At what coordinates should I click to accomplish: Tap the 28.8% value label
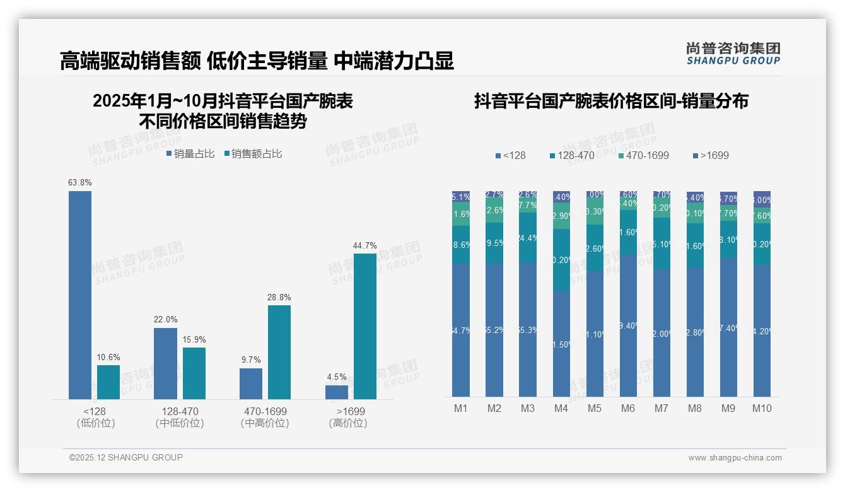click(279, 297)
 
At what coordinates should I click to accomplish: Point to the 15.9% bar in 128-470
click(194, 373)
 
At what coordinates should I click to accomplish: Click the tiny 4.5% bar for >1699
click(337, 392)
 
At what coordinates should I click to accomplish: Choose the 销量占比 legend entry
click(190, 154)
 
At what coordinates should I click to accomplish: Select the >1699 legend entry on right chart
click(711, 155)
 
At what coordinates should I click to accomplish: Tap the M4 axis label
click(561, 408)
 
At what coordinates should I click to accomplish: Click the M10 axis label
click(762, 408)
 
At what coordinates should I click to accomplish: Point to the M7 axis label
click(661, 408)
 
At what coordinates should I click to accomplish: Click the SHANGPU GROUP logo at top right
click(733, 54)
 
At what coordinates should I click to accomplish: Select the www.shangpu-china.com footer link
click(735, 458)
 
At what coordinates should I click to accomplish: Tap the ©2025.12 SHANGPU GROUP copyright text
click(126, 457)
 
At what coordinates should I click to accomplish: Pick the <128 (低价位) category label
click(95, 417)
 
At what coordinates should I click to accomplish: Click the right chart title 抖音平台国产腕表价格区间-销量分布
click(611, 101)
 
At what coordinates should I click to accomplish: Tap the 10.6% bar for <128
click(108, 382)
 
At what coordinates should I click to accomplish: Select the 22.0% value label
click(165, 320)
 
